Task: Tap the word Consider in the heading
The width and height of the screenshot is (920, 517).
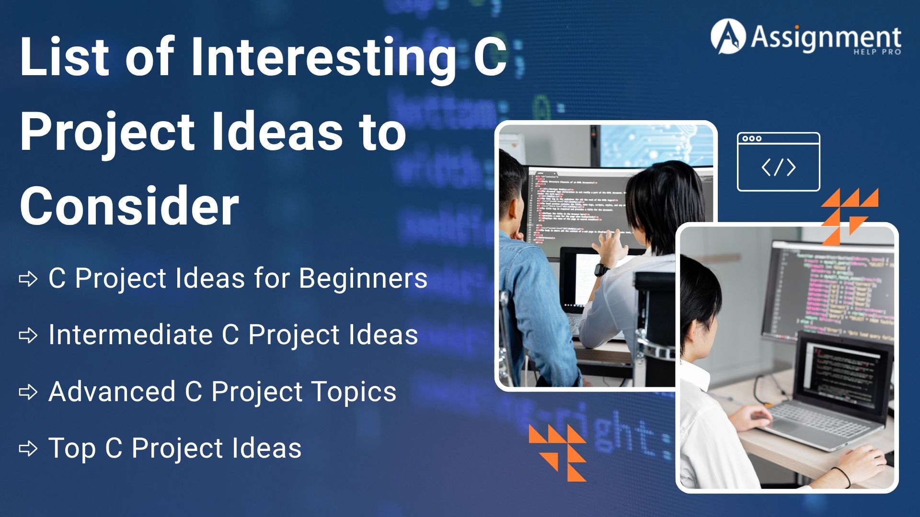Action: (129, 206)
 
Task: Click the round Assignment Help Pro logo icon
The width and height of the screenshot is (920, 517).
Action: (728, 36)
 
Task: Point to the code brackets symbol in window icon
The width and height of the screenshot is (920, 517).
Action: (778, 168)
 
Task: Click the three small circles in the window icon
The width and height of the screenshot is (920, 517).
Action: (752, 139)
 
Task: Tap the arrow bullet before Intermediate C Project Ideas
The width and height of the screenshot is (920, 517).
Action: (28, 336)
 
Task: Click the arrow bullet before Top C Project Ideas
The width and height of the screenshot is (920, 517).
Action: (28, 449)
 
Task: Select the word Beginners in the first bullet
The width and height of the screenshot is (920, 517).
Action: (363, 279)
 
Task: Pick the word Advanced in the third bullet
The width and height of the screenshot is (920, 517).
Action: (112, 392)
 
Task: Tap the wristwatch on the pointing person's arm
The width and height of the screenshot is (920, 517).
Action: (601, 270)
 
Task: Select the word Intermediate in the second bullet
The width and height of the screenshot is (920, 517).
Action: (130, 335)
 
